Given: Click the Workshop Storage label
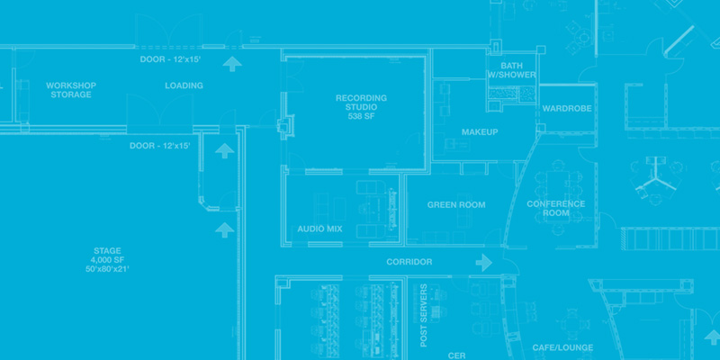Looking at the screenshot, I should point(71,90).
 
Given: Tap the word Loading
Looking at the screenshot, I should point(184,85).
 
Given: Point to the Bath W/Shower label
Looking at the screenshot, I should point(512,70).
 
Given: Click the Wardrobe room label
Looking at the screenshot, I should point(566,109).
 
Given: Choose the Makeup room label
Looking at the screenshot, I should point(480,132).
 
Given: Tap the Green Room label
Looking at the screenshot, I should point(456,205).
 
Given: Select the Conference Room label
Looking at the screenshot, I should point(556,209).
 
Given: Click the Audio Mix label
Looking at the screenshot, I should point(319,229).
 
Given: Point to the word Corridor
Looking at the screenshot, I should point(409,262).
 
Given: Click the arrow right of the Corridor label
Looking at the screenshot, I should point(484,262).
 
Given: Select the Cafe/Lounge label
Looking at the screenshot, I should point(557,347).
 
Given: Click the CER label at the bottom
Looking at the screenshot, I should point(456,355).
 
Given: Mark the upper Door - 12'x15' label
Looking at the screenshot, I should point(170,59).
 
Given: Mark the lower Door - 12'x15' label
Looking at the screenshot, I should point(160,146).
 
